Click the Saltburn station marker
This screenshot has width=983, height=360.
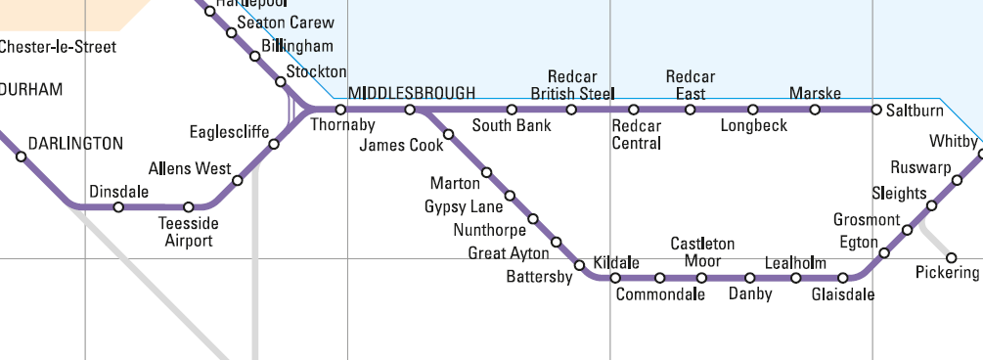(x=876, y=110)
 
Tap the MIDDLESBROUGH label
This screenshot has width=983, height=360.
(x=412, y=93)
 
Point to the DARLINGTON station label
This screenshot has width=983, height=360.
(x=75, y=144)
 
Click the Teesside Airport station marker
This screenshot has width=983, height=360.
(x=190, y=207)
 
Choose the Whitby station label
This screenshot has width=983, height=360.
(x=953, y=141)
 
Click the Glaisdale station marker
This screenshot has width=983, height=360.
(x=843, y=279)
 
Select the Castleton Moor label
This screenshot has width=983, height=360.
(x=702, y=252)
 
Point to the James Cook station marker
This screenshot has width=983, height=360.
(x=449, y=133)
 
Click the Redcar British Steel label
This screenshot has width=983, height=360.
(x=572, y=85)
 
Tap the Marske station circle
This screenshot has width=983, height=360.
(x=815, y=110)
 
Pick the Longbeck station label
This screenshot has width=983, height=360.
(x=753, y=126)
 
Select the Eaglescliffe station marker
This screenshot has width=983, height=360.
(x=274, y=145)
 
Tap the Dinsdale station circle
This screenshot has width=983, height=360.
(x=118, y=207)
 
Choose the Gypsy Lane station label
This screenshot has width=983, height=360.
(x=464, y=207)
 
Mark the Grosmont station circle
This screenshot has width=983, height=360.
(x=908, y=231)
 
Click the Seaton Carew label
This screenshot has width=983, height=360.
(x=286, y=22)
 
